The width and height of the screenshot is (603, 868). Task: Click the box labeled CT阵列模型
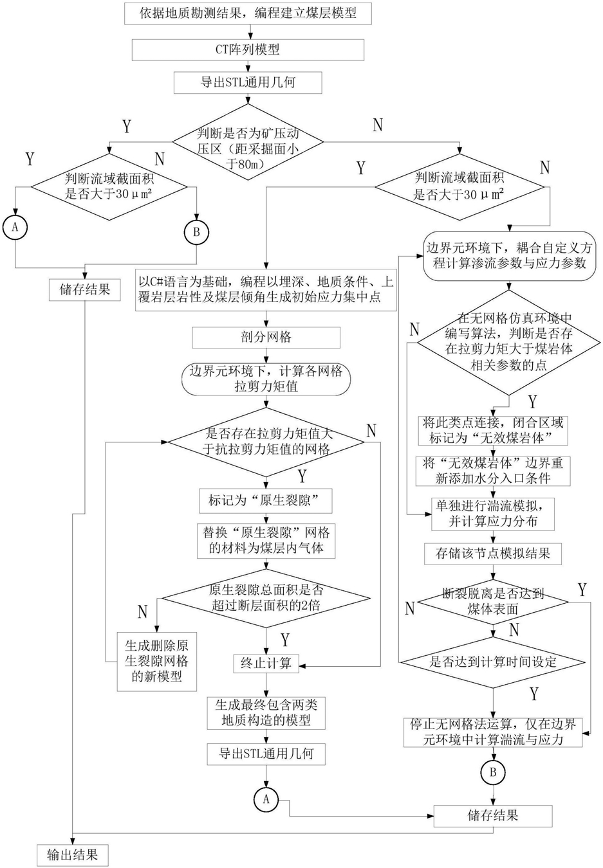tap(248, 50)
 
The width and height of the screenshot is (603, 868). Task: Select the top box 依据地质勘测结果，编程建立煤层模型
tap(248, 14)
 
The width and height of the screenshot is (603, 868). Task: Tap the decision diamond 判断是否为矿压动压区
tap(248, 142)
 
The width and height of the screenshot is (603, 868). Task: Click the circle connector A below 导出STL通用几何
tap(266, 799)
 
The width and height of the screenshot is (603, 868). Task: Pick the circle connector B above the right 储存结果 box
tap(493, 772)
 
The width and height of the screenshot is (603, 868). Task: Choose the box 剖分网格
tap(266, 337)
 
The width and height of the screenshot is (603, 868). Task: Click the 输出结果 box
tap(73, 855)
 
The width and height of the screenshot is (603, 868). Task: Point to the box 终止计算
tap(266, 664)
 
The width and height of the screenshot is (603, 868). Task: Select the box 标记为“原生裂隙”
tap(266, 501)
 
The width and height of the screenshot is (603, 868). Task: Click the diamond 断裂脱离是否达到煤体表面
tap(493, 602)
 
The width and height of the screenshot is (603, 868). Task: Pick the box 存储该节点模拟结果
tap(493, 554)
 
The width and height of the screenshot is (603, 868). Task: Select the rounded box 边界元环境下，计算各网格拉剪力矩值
tap(266, 379)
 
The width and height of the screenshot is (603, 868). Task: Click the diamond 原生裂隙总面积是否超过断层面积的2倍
tap(266, 599)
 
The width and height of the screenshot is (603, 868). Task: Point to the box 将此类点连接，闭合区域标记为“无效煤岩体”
tap(493, 431)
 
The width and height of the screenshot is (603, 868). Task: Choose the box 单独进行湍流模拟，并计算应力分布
tap(493, 514)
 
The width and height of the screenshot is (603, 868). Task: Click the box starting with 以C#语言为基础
tap(266, 289)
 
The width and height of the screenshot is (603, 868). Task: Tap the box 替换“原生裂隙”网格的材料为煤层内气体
tap(266, 541)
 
